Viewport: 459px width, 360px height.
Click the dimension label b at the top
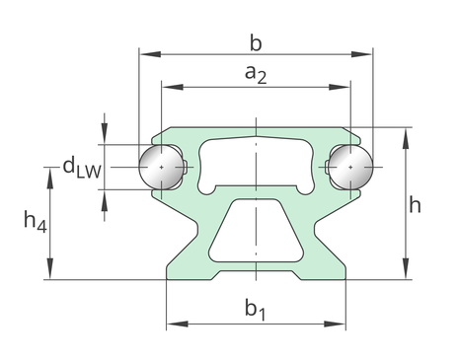[x=256, y=43]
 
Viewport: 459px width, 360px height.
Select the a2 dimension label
[x=256, y=74]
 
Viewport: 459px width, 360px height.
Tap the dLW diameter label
[x=82, y=167]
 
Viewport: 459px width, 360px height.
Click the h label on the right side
[x=415, y=204]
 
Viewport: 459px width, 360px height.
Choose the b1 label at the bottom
[x=256, y=309]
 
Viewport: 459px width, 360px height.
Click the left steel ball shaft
[x=161, y=167]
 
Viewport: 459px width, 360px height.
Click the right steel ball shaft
[x=350, y=167]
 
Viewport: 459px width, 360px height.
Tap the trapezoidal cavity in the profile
[x=256, y=230]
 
